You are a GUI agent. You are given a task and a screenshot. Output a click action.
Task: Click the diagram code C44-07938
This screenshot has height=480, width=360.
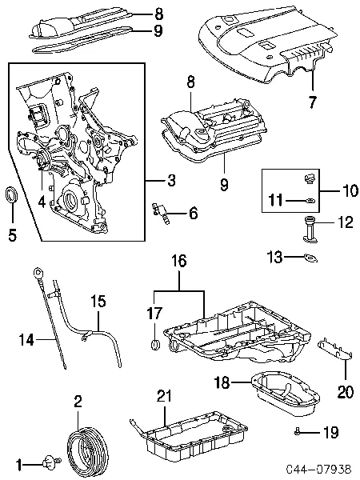coord(318,469)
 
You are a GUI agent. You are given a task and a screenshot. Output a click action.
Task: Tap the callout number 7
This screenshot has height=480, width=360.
coord(312,102)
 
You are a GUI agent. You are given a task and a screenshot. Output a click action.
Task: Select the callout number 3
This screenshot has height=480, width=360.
coord(171,180)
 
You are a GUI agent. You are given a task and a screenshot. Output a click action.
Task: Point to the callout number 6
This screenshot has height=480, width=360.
coord(193,213)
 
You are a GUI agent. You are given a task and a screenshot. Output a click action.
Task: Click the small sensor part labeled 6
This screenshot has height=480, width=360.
coord(161,214)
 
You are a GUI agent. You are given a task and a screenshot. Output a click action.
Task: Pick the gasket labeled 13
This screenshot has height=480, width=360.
coord(310,258)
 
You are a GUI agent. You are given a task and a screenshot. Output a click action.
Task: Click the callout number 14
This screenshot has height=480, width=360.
coord(26,339)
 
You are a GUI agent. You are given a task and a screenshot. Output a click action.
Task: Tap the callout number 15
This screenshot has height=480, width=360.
coord(98,301)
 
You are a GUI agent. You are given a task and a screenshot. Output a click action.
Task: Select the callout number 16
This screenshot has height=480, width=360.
coord(179,261)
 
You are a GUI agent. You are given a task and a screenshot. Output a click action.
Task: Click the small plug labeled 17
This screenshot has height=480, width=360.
coord(155,344)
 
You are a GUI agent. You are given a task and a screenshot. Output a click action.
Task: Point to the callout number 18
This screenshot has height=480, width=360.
coord(222,382)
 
